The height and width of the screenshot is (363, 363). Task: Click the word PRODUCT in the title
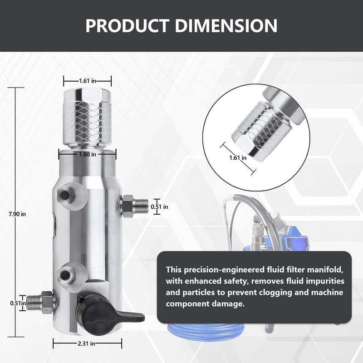coord(127,25)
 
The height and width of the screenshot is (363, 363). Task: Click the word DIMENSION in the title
coord(226,25)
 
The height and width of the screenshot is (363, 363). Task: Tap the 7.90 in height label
coord(17,214)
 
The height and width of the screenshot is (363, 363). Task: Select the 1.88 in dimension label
coord(88,154)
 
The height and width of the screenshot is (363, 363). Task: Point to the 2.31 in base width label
coord(86,343)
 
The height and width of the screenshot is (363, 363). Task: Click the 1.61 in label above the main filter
coord(88,81)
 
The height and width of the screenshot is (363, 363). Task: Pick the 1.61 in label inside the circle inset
coord(238,158)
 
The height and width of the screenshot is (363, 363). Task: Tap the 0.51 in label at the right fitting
coord(160,206)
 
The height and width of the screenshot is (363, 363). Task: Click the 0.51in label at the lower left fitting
coord(18,303)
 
